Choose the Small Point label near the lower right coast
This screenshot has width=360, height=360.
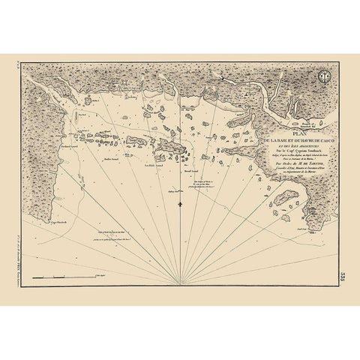[x=302, y=226]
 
